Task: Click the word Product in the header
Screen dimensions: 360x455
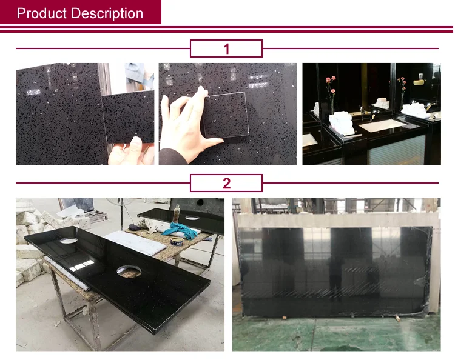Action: tap(41, 13)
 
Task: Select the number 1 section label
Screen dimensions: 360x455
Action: tap(226, 48)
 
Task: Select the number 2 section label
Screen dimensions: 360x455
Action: tap(226, 183)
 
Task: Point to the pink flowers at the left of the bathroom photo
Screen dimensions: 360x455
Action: tap(331, 85)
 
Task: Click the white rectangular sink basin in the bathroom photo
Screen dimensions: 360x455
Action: tap(383, 124)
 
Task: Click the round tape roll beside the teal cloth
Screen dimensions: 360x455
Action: tap(177, 241)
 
